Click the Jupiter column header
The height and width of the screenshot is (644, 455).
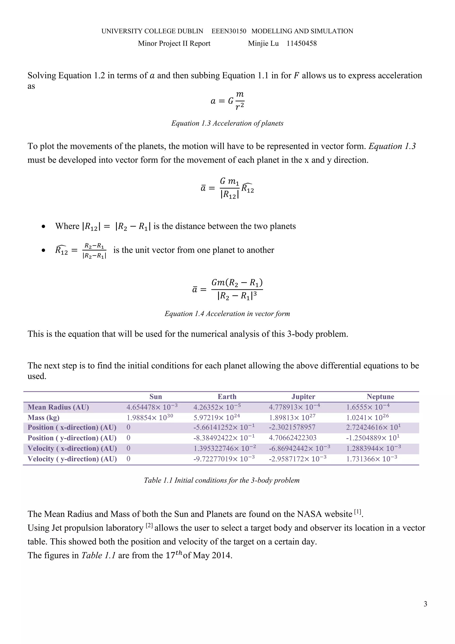pos(303,397)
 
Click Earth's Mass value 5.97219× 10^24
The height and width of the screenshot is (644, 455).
pos(217,417)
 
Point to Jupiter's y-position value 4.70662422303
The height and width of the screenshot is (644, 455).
pos(293,438)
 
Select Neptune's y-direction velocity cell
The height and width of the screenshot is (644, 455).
pos(371,459)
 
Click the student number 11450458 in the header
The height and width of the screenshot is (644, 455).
pos(301,44)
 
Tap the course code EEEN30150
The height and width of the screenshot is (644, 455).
pos(229,31)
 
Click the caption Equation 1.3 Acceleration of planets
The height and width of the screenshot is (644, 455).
pos(227,123)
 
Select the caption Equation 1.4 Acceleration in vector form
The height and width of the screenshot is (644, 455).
pos(227,314)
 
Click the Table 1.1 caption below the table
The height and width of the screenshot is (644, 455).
pos(222,480)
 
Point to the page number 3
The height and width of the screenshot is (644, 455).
pos(425,604)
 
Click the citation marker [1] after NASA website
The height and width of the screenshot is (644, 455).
pos(358,512)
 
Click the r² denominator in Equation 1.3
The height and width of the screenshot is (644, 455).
pos(239,107)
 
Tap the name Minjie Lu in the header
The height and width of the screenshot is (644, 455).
pos(263,44)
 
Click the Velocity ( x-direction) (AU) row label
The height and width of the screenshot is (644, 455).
pos(72,449)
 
